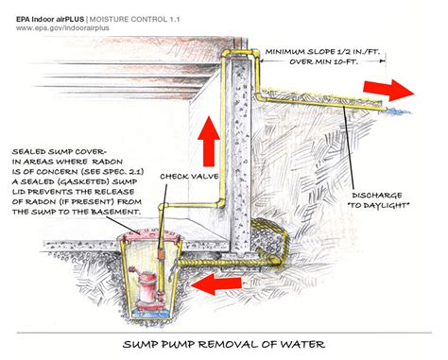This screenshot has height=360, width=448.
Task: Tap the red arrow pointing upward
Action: click(x=209, y=141)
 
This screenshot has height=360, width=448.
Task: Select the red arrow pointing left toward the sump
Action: click(x=216, y=283)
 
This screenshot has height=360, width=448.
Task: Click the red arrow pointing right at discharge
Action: click(x=388, y=90)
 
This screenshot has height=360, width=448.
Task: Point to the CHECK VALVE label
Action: click(x=189, y=177)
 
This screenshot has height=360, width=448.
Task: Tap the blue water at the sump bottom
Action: click(x=149, y=314)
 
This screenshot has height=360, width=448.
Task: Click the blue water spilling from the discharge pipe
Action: click(x=398, y=111)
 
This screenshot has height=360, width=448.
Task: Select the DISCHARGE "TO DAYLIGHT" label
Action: click(x=378, y=200)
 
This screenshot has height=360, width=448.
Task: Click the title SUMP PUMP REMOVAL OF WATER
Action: click(x=224, y=344)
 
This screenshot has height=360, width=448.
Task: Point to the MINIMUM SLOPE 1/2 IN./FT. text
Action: click(x=322, y=52)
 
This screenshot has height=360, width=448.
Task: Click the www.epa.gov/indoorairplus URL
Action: click(x=62, y=28)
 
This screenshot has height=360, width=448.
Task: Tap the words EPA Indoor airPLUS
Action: click(x=50, y=19)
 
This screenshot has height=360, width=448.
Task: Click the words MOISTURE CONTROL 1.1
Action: click(x=134, y=19)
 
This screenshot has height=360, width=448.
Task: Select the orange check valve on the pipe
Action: click(x=161, y=253)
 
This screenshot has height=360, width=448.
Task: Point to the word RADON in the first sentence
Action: click(x=108, y=162)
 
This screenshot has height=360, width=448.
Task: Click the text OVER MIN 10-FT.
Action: click(x=323, y=61)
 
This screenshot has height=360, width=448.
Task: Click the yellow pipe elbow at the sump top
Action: click(x=163, y=207)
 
